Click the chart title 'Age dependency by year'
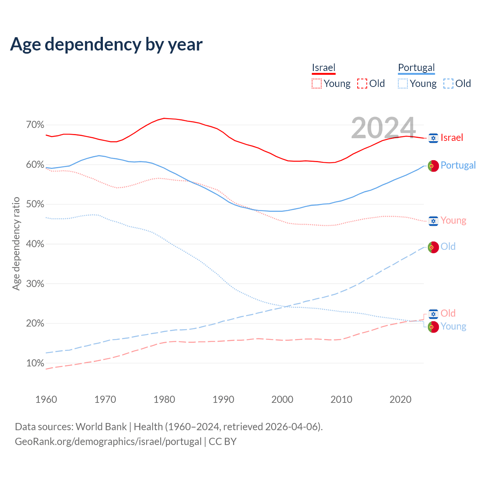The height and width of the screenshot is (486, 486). click(106, 44)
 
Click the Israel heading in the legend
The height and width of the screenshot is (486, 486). click(323, 68)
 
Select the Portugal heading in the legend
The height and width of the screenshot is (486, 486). click(416, 68)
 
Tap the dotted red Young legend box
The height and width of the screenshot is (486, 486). click(316, 84)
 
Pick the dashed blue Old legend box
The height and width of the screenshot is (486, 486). click(448, 84)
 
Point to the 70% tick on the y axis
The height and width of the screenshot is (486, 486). click(35, 125)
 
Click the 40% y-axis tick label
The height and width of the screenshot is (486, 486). click(35, 244)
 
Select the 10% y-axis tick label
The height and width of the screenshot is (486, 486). click(35, 363)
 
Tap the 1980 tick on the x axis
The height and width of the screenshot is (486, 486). click(164, 399)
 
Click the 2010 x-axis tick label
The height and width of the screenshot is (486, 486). click(341, 399)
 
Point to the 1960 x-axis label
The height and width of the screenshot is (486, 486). click(46, 399)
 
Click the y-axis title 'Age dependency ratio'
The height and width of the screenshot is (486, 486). click(16, 243)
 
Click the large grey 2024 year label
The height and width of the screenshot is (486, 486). click(383, 128)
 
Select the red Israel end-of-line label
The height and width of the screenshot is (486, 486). click(452, 137)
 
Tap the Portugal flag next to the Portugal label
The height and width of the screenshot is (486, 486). click(433, 166)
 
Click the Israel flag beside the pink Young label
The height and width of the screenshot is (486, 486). click(433, 221)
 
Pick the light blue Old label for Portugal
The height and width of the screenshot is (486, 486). click(448, 246)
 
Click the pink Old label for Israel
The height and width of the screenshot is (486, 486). click(448, 313)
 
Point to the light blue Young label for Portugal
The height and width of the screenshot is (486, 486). click(453, 327)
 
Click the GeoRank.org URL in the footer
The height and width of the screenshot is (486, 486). click(108, 442)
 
